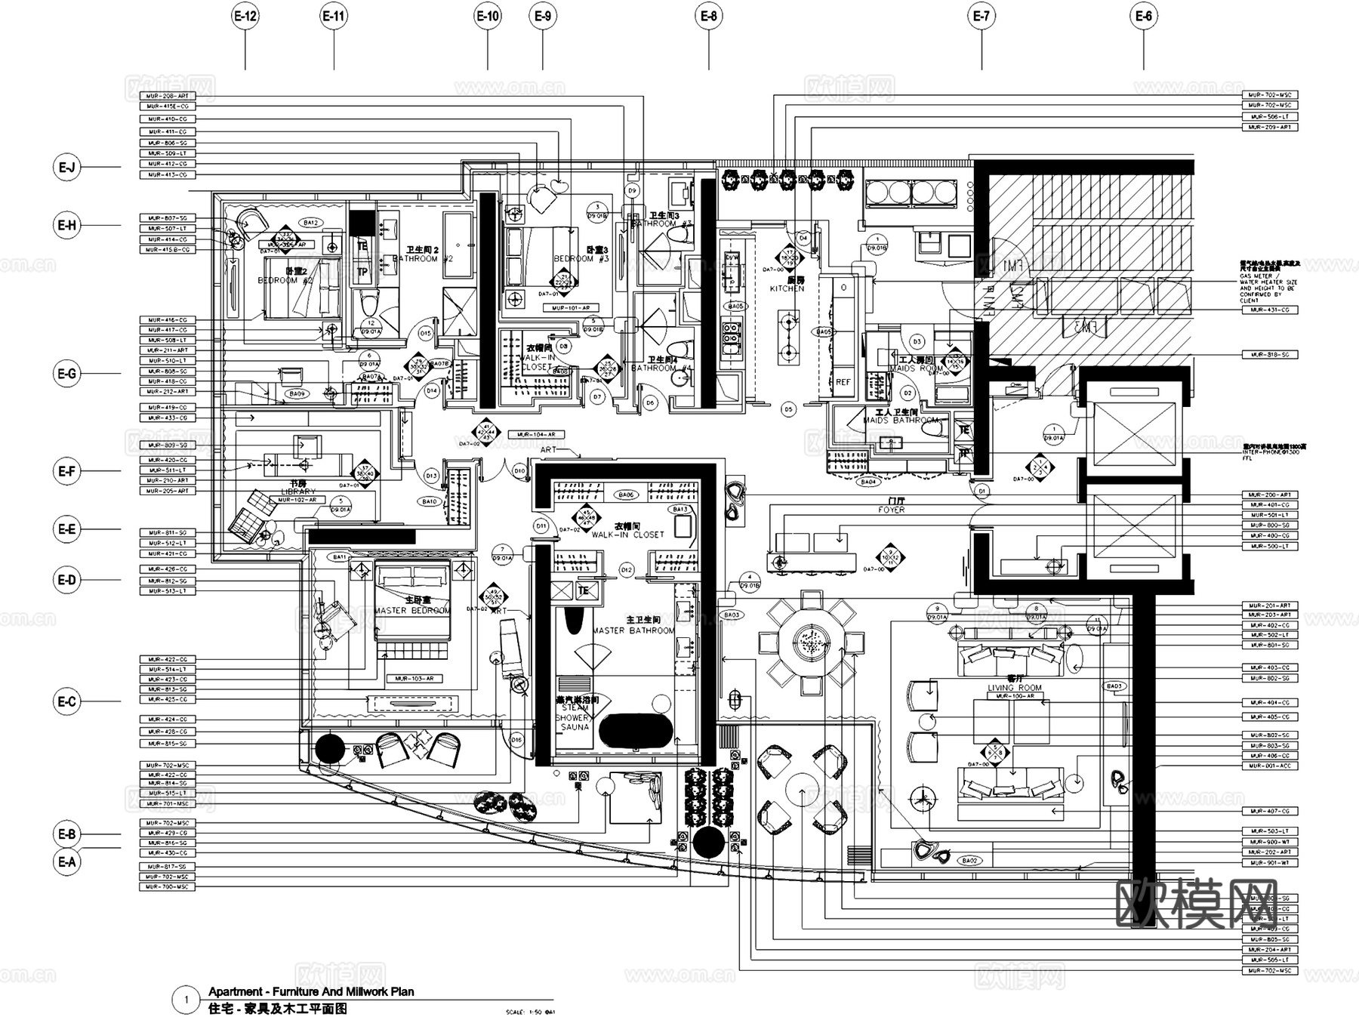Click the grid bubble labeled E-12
245,16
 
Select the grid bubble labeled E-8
708,16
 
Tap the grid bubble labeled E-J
67,167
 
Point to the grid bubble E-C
67,701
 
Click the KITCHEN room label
787,288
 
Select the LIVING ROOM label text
1014,688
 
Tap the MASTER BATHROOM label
633,630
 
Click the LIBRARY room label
297,492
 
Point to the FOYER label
891,510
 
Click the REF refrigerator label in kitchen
843,382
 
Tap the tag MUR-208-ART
168,96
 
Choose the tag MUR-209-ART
1270,127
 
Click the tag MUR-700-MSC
168,886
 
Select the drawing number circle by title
186,1000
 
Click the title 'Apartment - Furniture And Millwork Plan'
311,992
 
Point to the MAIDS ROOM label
916,368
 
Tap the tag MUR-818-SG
1270,354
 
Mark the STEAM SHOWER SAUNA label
575,717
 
